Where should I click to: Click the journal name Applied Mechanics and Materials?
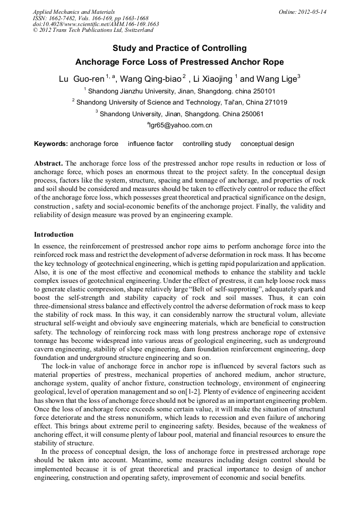pyautogui.click(x=73, y=12)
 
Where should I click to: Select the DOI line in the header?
pyautogui.click(x=96, y=24)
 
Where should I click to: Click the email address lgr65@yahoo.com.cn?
pyautogui.click(x=180, y=126)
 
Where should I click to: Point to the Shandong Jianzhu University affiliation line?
pyautogui.click(x=180, y=91)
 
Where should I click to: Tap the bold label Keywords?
pyautogui.click(x=50, y=144)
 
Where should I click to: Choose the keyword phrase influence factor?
pyautogui.click(x=150, y=144)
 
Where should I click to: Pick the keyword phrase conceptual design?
pyautogui.click(x=267, y=144)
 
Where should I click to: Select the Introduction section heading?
pyautogui.click(x=54, y=235)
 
